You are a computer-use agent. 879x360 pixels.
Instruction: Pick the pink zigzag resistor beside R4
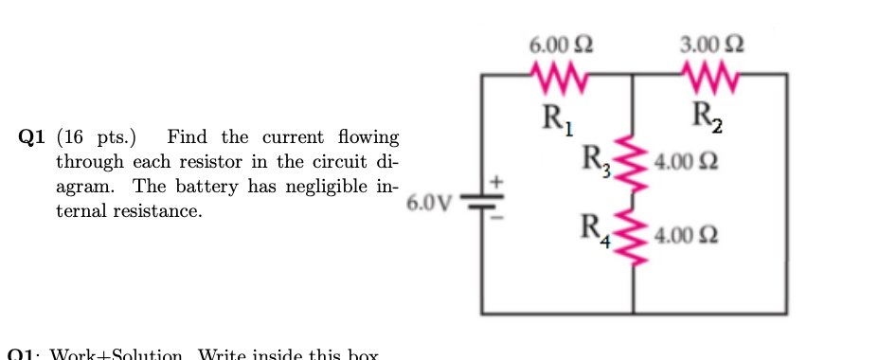click(x=633, y=235)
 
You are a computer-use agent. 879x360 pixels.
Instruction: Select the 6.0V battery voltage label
click(x=424, y=203)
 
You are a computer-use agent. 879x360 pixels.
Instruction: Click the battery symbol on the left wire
click(x=482, y=203)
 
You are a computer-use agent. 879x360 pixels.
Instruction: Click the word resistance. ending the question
click(x=156, y=211)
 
